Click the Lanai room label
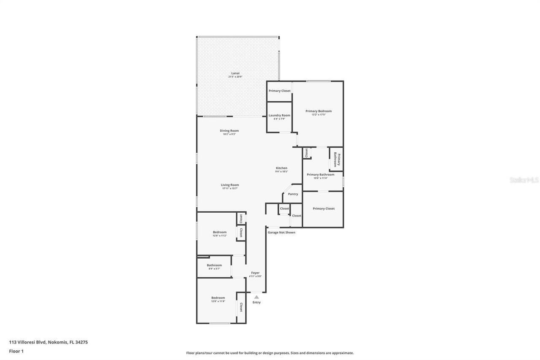[235, 73]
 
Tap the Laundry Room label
[279, 115]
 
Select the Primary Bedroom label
[319, 111]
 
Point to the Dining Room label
[229, 130]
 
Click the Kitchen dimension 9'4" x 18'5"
[281, 172]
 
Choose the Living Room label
[230, 185]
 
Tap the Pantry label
[293, 194]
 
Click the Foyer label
[255, 273]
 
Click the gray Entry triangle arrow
[256, 297]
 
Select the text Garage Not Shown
[281, 233]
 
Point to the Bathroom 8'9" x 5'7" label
[214, 265]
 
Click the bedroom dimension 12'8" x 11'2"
[219, 235]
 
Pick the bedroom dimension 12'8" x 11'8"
[218, 301]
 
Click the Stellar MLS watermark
[524, 180]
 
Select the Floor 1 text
[16, 351]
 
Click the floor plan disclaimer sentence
[270, 353]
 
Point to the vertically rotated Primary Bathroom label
[337, 159]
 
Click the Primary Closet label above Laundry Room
[280, 91]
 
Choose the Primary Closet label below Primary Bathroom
[324, 208]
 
